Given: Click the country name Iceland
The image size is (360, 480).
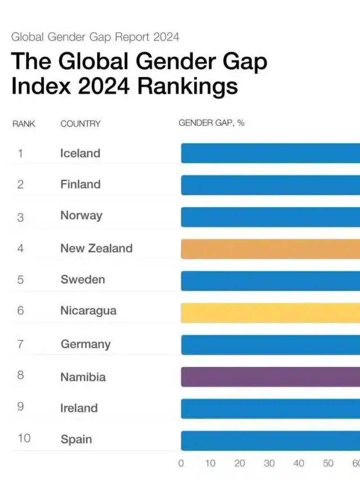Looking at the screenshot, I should pos(80,153).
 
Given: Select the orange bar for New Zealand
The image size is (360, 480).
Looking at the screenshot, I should pos(270,248).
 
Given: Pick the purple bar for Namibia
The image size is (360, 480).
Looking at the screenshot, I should pos(270,376).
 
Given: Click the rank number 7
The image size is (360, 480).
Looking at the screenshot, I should pos(20,344).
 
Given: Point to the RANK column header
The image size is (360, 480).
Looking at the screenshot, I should pos(24,124).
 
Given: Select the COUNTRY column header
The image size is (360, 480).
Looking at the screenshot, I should pos(80,124).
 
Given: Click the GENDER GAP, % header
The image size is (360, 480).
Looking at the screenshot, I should pos(211,123).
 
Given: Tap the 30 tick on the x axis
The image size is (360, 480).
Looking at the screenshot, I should pos(269,463).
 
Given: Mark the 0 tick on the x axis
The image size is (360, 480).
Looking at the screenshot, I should pos(181,463).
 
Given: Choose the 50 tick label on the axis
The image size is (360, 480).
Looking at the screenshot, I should pos(328,463).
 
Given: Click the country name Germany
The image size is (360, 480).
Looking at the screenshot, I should pos(85,344).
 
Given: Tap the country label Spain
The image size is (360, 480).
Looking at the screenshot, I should pos(76,439).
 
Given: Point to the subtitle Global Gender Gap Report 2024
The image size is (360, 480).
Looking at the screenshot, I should pos(95,37).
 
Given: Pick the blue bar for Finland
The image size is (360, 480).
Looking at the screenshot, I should pos(270,185).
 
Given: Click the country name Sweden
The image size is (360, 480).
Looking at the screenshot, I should pos(83,280).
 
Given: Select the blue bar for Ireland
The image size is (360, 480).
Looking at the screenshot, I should pos(270,409).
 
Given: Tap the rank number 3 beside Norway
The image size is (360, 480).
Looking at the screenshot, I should pos(20,217).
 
